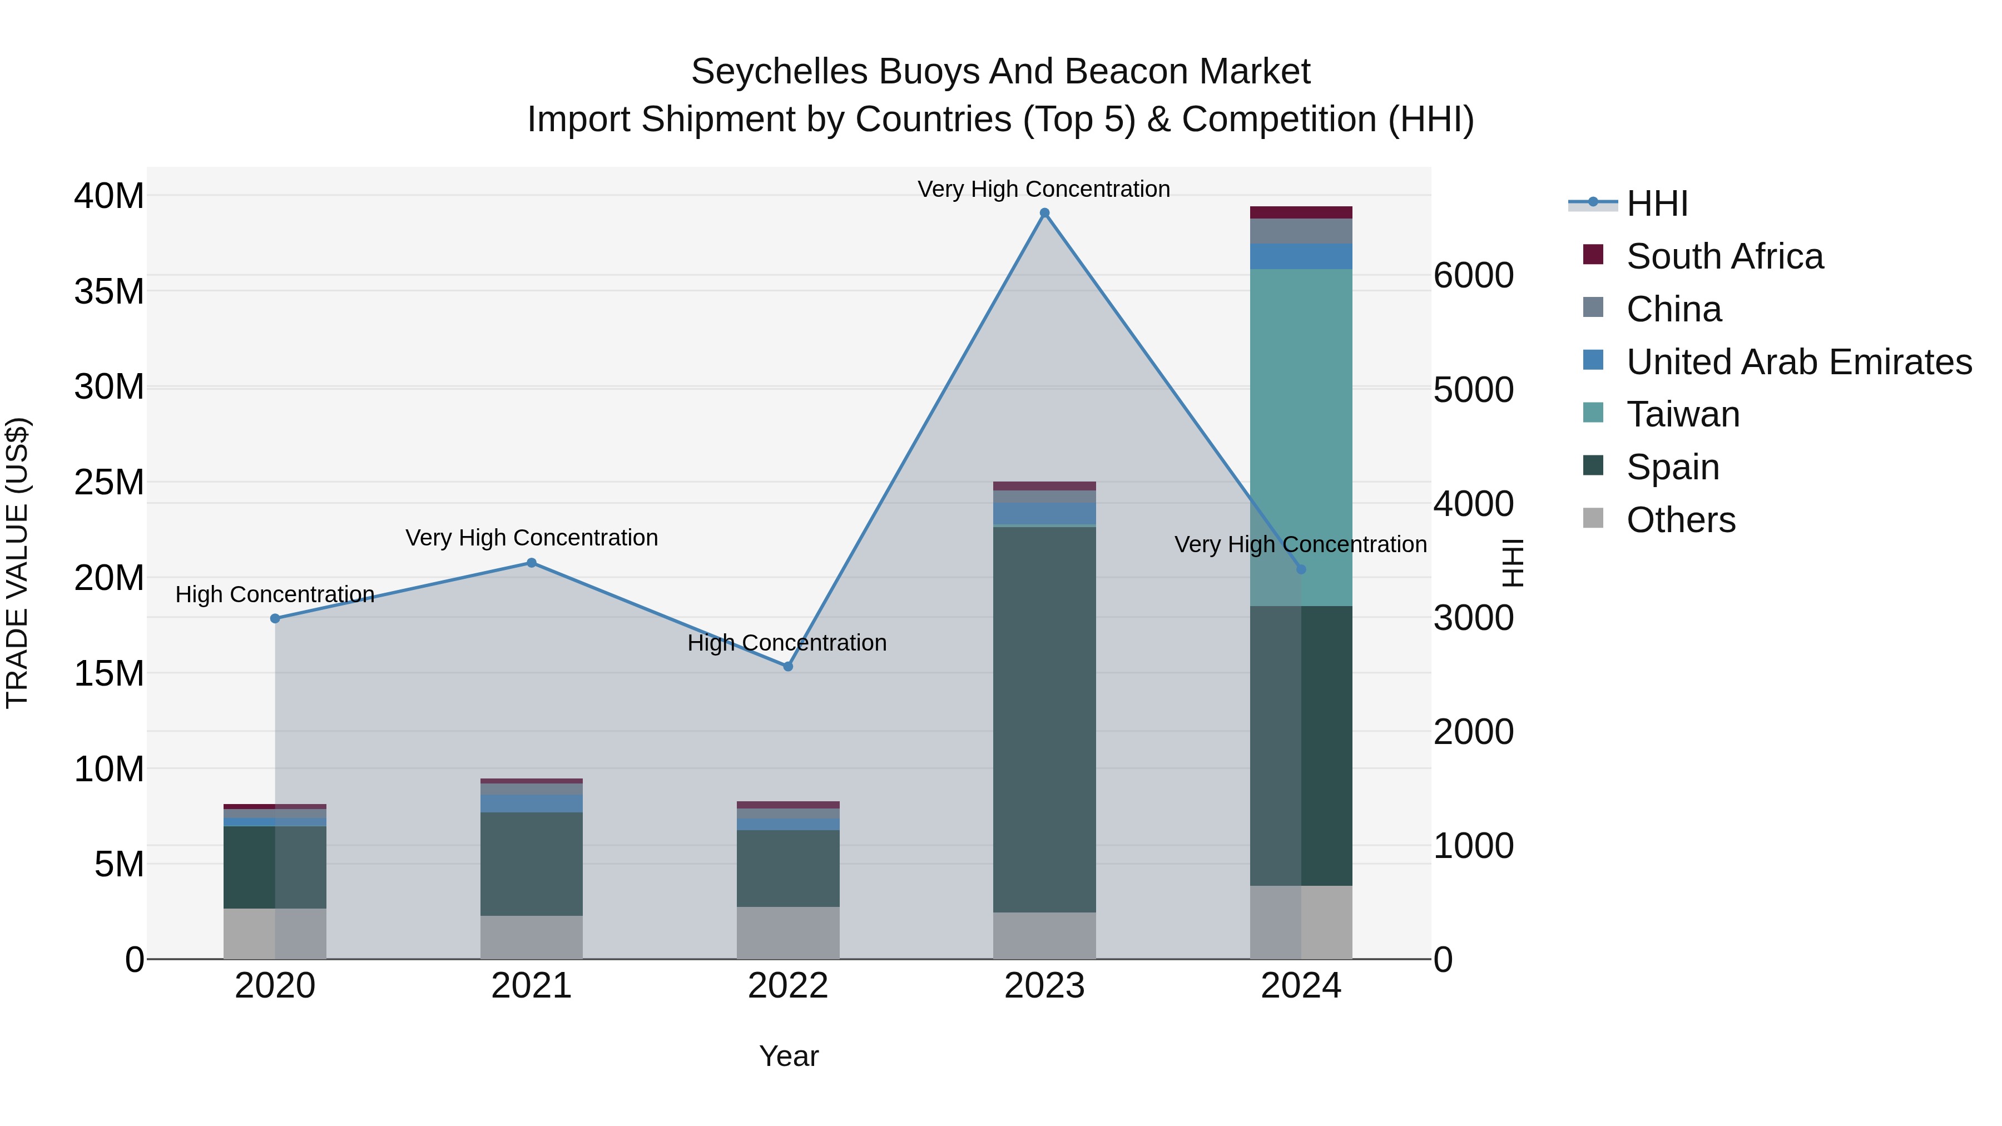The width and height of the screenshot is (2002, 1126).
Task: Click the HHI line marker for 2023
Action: coord(1044,213)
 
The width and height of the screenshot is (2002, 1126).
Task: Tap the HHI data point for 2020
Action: coord(275,618)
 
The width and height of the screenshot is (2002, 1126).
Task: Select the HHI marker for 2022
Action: coord(788,667)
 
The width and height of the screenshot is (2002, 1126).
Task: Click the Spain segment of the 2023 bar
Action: coord(1044,719)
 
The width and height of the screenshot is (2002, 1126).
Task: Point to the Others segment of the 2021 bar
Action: coord(532,937)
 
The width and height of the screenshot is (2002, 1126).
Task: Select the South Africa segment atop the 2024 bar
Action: coord(1301,212)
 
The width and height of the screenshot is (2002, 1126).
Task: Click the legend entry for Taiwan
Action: coord(1683,414)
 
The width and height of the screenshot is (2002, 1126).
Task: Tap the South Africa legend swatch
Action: coord(1593,255)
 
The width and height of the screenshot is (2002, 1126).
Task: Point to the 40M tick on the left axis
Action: coord(109,196)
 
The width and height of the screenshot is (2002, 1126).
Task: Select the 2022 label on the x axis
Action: coord(788,986)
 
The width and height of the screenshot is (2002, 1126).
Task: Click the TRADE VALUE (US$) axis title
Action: coord(17,563)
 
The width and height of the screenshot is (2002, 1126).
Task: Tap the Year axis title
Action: coord(789,1056)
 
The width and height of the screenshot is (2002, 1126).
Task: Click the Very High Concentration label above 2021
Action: coord(532,538)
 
